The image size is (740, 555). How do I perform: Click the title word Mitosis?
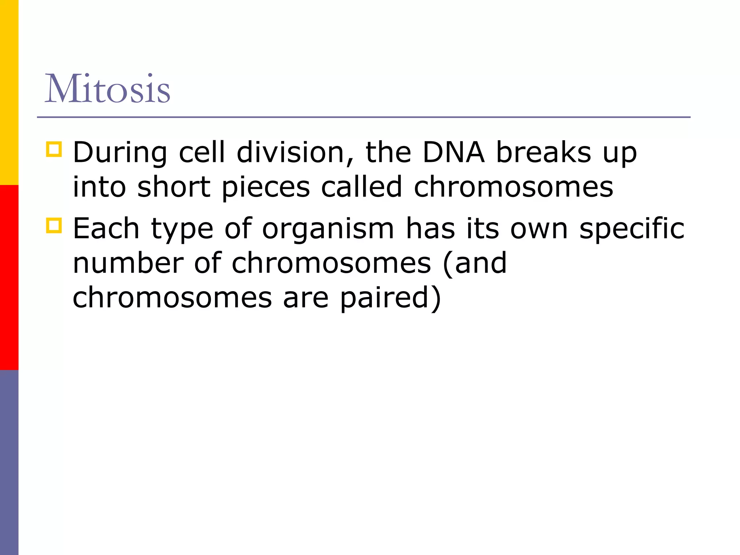(107, 89)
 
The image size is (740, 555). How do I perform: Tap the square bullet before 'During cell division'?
(54, 149)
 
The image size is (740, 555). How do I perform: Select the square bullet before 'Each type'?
(54, 225)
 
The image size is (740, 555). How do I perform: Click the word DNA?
(453, 152)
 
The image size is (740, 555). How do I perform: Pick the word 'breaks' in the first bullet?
(543, 152)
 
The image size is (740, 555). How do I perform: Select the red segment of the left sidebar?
(9, 277)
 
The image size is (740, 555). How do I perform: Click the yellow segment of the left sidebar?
(9, 92)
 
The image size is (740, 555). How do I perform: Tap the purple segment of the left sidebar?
(9, 462)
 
